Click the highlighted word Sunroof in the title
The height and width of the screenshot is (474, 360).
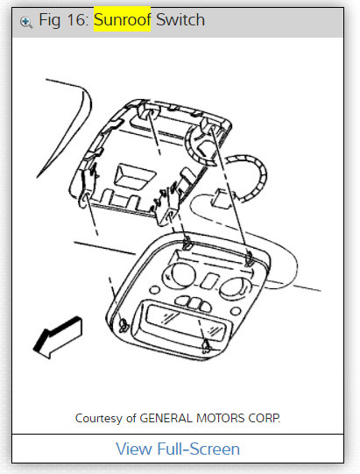122,19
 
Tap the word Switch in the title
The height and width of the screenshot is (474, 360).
180,19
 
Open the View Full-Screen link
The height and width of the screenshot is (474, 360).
178,449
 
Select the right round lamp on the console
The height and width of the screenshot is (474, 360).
235,287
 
